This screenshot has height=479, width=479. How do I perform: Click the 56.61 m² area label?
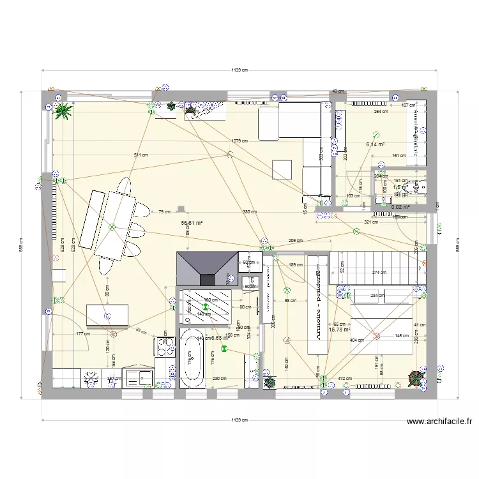192,223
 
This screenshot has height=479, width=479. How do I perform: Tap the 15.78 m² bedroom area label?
339,330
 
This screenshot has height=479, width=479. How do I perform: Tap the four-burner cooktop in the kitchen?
164,347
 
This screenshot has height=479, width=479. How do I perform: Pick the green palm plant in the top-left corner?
63,112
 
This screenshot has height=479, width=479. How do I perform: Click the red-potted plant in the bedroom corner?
415,379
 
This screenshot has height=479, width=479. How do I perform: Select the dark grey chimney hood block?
205,268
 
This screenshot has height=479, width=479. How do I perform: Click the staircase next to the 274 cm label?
377,264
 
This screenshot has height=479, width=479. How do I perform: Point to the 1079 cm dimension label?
240,141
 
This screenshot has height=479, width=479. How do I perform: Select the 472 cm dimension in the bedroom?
344,379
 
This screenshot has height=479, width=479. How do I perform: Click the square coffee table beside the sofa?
282,169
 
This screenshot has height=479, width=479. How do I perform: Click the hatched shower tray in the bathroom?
208,307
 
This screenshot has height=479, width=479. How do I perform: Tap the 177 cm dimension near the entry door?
82,333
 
